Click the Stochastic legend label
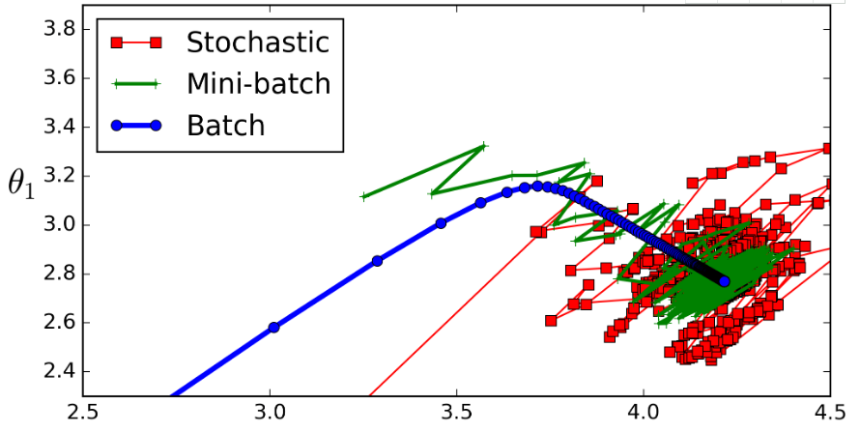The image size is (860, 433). (258, 43)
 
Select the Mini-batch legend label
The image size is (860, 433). (258, 83)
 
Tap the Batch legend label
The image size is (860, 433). (225, 125)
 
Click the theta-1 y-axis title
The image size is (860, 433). (21, 182)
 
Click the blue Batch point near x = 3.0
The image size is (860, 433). (273, 327)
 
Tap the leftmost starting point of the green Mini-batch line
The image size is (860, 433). (363, 196)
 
